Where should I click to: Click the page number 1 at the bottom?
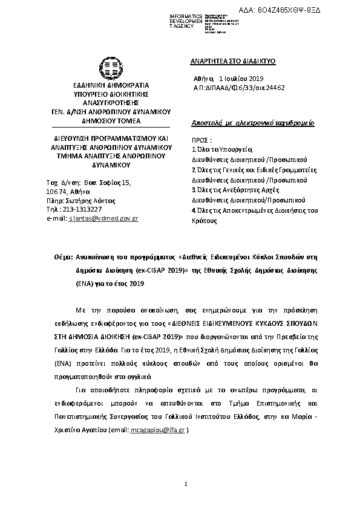point(186,484)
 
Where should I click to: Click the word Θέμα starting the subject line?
point(64,257)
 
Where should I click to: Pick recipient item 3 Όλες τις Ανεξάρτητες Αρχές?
point(235,189)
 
